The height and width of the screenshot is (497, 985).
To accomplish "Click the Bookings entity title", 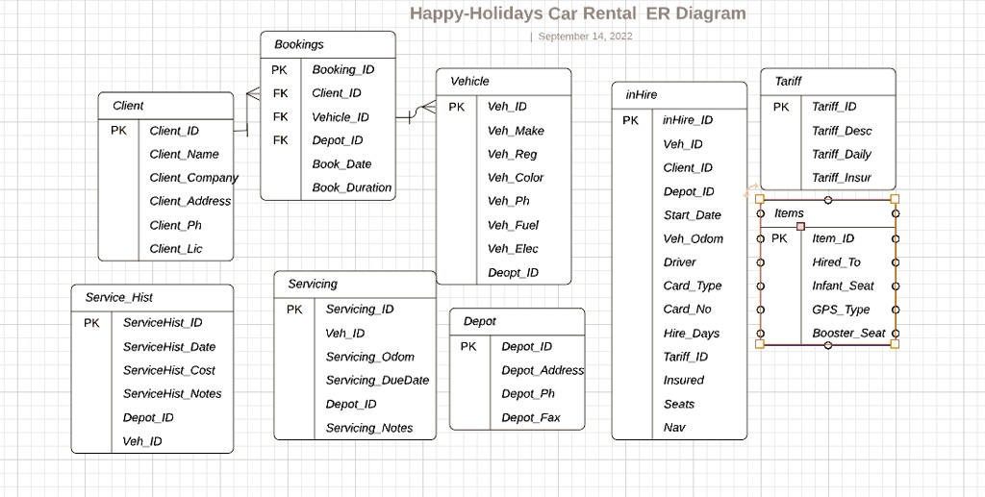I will (299, 44).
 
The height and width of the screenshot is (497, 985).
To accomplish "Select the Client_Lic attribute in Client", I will (176, 249).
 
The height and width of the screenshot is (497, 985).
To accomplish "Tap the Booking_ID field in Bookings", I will (342, 69).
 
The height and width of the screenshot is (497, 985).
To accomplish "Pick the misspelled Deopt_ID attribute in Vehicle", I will (513, 273).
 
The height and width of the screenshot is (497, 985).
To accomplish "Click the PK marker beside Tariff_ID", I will (781, 107).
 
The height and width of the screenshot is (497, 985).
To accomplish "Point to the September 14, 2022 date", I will (585, 37).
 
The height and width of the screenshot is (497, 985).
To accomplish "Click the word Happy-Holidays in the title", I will (476, 13).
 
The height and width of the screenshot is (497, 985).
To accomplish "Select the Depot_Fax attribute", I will (530, 418).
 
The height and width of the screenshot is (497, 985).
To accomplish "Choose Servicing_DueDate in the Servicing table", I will (377, 381).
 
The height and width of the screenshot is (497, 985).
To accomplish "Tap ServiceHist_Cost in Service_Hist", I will (168, 370).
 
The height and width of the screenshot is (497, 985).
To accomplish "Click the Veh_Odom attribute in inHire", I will (693, 239).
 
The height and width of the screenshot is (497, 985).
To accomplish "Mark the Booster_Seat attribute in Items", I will (848, 334).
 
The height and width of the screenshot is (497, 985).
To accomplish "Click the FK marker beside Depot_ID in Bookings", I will (280, 140).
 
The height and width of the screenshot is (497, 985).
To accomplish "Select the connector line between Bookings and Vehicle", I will (416, 114).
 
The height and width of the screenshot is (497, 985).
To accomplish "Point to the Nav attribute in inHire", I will (674, 428).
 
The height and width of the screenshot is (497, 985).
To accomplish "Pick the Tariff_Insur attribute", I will (841, 178).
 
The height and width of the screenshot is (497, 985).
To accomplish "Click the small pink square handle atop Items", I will (800, 226).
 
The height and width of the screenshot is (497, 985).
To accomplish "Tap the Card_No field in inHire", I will (687, 310).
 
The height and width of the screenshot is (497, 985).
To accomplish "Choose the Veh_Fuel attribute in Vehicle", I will (513, 225).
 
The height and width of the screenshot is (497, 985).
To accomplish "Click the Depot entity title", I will (479, 321).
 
